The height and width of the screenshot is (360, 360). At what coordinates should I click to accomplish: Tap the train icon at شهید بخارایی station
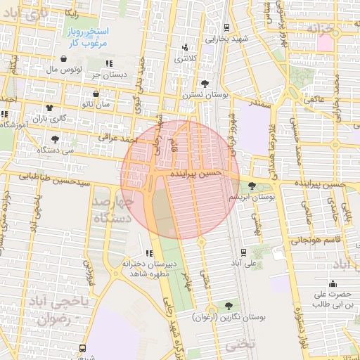point(226,27)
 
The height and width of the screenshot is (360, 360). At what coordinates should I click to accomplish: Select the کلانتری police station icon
point(186,48)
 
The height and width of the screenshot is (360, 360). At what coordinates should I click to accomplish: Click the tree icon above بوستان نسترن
point(205,83)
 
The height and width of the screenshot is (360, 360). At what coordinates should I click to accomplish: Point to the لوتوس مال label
point(64,70)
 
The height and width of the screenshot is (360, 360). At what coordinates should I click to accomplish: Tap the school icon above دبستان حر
point(109,64)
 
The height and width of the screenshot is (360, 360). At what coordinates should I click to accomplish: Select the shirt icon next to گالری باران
point(50,108)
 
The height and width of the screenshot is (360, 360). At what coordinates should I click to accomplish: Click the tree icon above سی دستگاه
point(56,139)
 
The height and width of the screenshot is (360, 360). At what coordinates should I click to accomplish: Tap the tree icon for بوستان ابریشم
point(252,186)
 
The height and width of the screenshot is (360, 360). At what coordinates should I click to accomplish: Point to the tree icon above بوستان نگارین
point(228,306)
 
